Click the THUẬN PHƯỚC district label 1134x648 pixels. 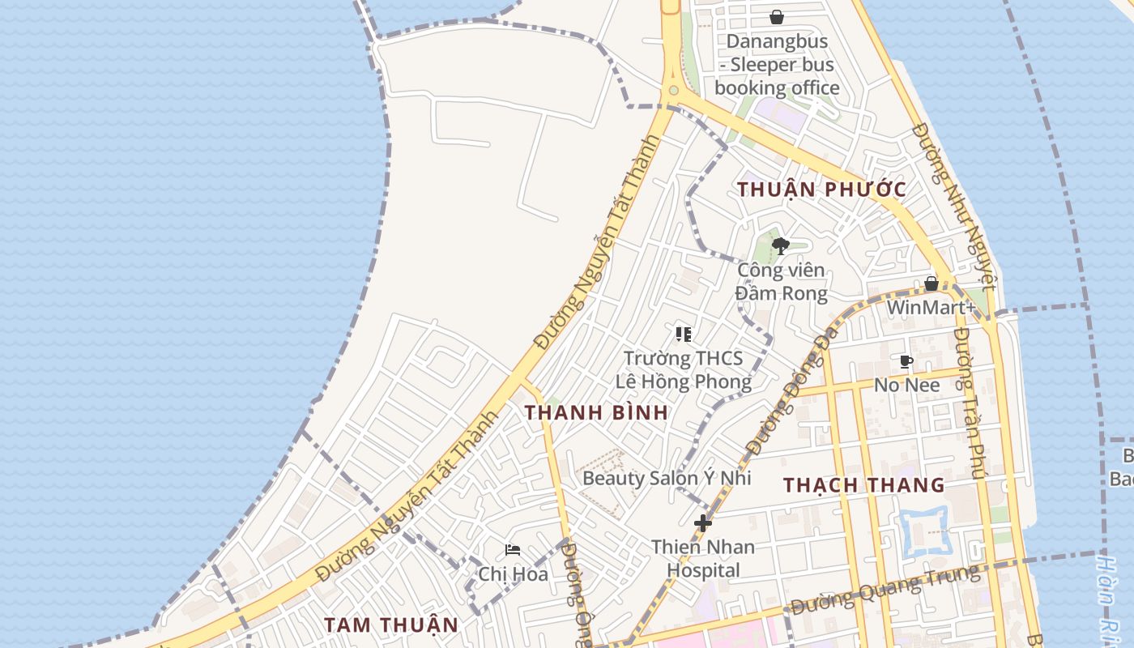pyautogui.click(x=821, y=190)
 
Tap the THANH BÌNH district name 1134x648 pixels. pyautogui.click(x=596, y=412)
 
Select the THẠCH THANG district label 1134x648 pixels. pyautogui.click(x=863, y=485)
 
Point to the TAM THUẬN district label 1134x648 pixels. pyautogui.click(x=391, y=625)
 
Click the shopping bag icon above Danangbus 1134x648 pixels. pyautogui.click(x=777, y=17)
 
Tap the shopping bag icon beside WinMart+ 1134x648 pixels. pyautogui.click(x=932, y=283)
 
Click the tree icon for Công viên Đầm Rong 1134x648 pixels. pyautogui.click(x=781, y=246)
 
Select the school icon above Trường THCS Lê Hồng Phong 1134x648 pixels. pyautogui.click(x=683, y=334)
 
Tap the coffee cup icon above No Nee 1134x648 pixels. pyautogui.click(x=906, y=361)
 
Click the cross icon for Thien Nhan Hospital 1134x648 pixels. pyautogui.click(x=703, y=523)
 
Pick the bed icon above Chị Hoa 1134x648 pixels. pyautogui.click(x=513, y=550)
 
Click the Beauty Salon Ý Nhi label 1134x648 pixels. pyautogui.click(x=667, y=478)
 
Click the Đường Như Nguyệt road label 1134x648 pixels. pyautogui.click(x=953, y=207)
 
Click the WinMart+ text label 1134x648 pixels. pyautogui.click(x=931, y=308)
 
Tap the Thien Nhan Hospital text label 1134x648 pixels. pyautogui.click(x=703, y=558)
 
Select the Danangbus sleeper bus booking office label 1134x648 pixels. pyautogui.click(x=777, y=65)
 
